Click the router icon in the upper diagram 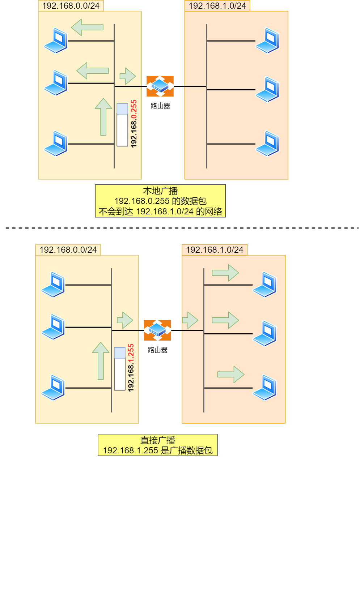coord(160,86)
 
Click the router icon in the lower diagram coord(157,330)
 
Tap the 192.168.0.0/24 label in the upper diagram coord(71,6)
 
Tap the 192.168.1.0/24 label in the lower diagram coord(215,250)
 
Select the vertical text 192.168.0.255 coord(134,124)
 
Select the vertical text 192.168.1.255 coord(131,368)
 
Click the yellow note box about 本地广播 coord(160,201)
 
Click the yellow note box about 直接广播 coord(157,445)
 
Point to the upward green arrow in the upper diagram coord(103,117)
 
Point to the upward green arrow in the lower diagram coord(101,361)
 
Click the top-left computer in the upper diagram coord(56,40)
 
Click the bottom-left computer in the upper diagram coord(56,144)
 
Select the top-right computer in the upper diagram coord(267,40)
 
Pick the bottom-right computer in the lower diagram coord(265,388)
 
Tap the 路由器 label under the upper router coord(160,106)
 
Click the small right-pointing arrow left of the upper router coord(128,76)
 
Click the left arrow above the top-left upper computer coord(87,27)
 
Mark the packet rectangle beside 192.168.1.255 coord(120,369)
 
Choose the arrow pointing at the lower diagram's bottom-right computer coord(231,374)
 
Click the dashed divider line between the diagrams coord(181,228)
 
